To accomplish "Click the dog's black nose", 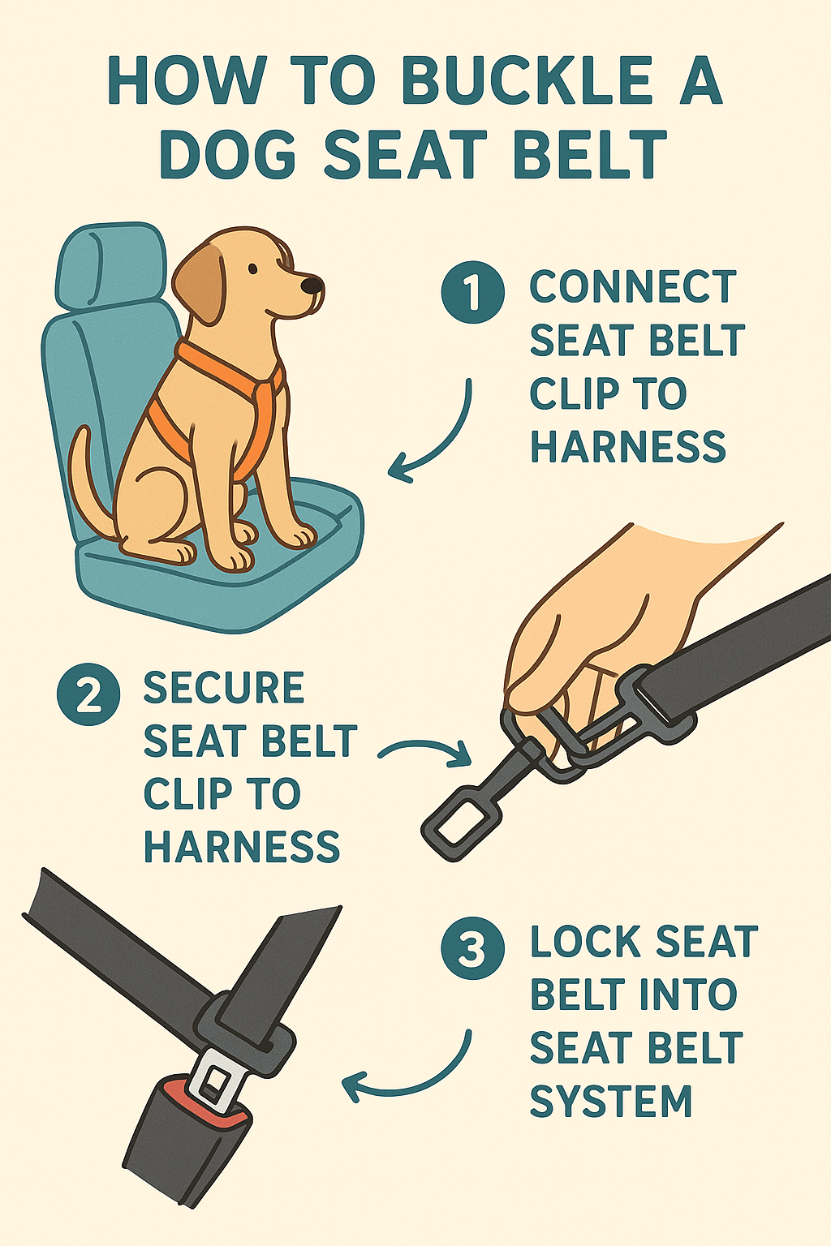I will point(312,285).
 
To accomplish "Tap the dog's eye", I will point(254,269).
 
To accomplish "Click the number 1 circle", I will point(472,291).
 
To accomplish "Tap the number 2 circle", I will point(88,694).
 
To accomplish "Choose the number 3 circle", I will point(472,948).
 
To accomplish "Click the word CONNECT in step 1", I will point(632,287).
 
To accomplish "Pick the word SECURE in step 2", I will point(223,689).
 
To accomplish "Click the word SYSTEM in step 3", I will point(610,1102).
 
